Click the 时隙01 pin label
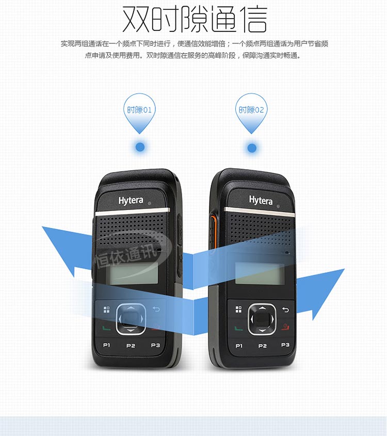[x=139, y=110]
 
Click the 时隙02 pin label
[x=251, y=110]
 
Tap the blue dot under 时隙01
[x=140, y=147]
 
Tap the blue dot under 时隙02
[x=252, y=148]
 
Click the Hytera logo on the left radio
[x=131, y=201]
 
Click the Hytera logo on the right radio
[x=261, y=200]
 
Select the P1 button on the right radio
[x=239, y=346]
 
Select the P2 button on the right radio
[x=263, y=346]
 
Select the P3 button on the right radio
[x=285, y=345]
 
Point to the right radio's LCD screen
[x=260, y=273]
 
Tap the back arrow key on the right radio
[x=285, y=310]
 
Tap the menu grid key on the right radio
[x=238, y=309]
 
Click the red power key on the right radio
[x=285, y=327]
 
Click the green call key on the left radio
[x=106, y=328]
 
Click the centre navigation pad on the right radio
[x=262, y=319]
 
